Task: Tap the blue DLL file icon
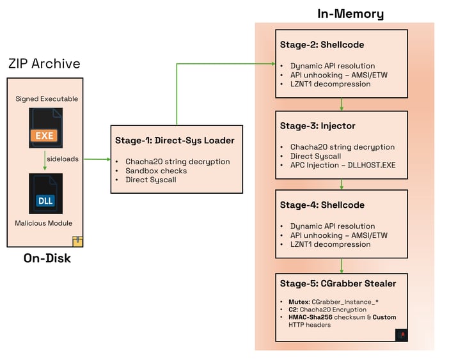[x=45, y=194]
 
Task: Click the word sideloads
[x=62, y=159]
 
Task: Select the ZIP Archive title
[x=44, y=64]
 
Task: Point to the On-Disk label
[x=47, y=258]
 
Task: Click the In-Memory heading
[x=351, y=13]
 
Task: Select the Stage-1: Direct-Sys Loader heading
[x=175, y=141]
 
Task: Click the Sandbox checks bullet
[x=156, y=171]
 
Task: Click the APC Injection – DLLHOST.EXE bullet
[x=342, y=165]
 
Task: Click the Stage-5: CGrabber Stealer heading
[x=338, y=283]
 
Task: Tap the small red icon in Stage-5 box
[x=401, y=334]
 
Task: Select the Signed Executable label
[x=47, y=98]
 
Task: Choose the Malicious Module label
[x=44, y=223]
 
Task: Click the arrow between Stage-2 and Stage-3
[x=342, y=104]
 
